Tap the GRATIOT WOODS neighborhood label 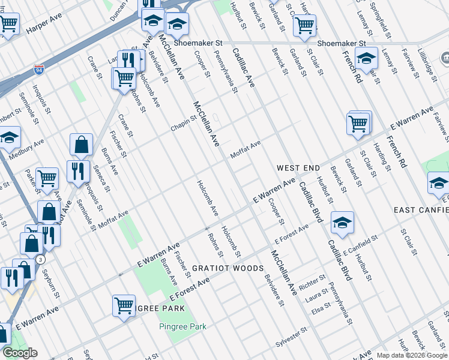tap(228, 268)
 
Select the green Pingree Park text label tap(182, 326)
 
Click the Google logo tap(20, 353)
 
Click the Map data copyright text tap(412, 355)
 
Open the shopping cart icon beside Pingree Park tap(124, 305)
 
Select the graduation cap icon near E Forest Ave tap(342, 223)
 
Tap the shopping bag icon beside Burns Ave tap(81, 145)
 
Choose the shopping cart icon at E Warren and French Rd tap(358, 124)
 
